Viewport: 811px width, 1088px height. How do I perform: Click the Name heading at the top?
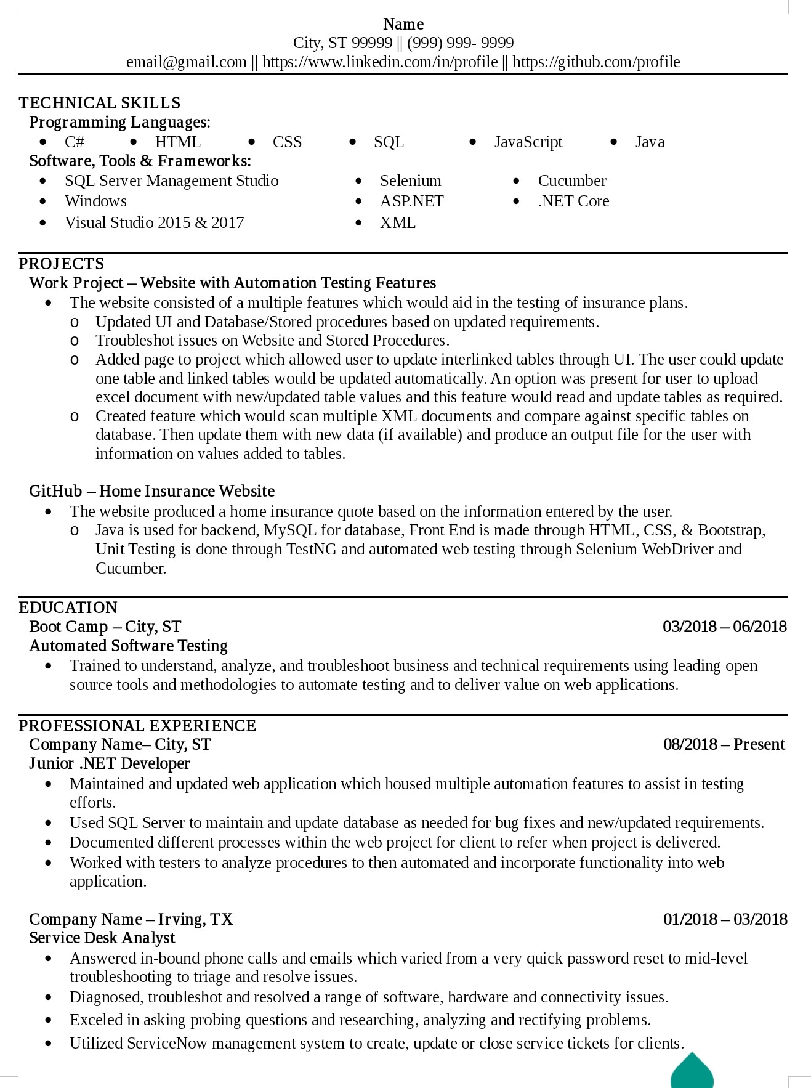pos(403,24)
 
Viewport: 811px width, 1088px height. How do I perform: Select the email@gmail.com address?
pos(187,62)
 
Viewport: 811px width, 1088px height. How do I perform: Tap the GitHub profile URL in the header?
pos(596,62)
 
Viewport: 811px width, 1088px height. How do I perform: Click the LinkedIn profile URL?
pos(380,62)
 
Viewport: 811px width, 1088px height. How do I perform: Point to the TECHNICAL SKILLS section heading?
pos(100,103)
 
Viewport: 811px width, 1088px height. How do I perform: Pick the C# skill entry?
pos(75,142)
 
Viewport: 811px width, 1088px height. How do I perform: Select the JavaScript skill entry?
pos(528,142)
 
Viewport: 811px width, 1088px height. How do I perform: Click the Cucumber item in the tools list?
pos(572,181)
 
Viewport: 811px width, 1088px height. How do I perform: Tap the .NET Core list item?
pos(573,201)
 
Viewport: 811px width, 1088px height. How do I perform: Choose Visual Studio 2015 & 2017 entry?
pos(155,222)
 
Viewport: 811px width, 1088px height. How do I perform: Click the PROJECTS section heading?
pos(62,264)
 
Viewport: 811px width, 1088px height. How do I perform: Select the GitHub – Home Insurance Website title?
pos(151,491)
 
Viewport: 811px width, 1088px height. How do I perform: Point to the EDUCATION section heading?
pos(68,607)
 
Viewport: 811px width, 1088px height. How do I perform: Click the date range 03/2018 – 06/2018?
pos(725,627)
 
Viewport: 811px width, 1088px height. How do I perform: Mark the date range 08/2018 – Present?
pos(724,744)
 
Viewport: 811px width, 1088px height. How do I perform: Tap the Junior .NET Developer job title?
pos(110,763)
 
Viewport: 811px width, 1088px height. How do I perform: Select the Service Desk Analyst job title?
pos(102,938)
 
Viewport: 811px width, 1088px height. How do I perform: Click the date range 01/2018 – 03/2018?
pos(725,919)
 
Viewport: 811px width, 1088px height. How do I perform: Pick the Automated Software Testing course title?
pos(129,646)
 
